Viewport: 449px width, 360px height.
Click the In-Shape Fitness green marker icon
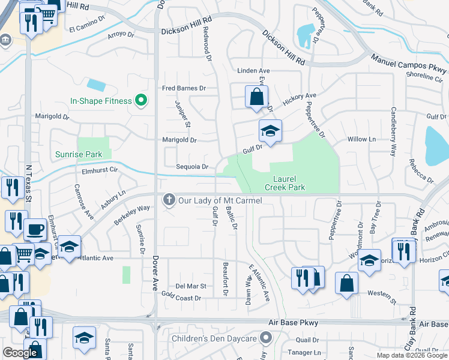pyautogui.click(x=142, y=101)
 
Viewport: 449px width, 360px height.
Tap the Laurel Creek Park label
pyautogui.click(x=289, y=183)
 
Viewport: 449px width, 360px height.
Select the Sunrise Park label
pyautogui.click(x=79, y=154)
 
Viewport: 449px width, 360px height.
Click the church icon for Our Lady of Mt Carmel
pyautogui.click(x=169, y=199)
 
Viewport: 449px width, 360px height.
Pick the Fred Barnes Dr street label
pyautogui.click(x=184, y=88)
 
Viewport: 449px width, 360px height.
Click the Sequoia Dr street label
pyautogui.click(x=192, y=167)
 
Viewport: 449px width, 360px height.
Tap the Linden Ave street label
pyautogui.click(x=254, y=71)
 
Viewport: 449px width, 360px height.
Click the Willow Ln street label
pyautogui.click(x=361, y=139)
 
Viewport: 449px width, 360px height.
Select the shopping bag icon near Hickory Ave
pyautogui.click(x=256, y=97)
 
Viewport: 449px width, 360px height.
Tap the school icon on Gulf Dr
pyautogui.click(x=270, y=131)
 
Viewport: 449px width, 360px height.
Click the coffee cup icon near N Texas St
pyautogui.click(x=35, y=229)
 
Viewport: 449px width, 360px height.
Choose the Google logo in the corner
pyautogui.click(x=20, y=353)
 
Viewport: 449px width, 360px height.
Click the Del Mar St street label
pyautogui.click(x=190, y=286)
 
